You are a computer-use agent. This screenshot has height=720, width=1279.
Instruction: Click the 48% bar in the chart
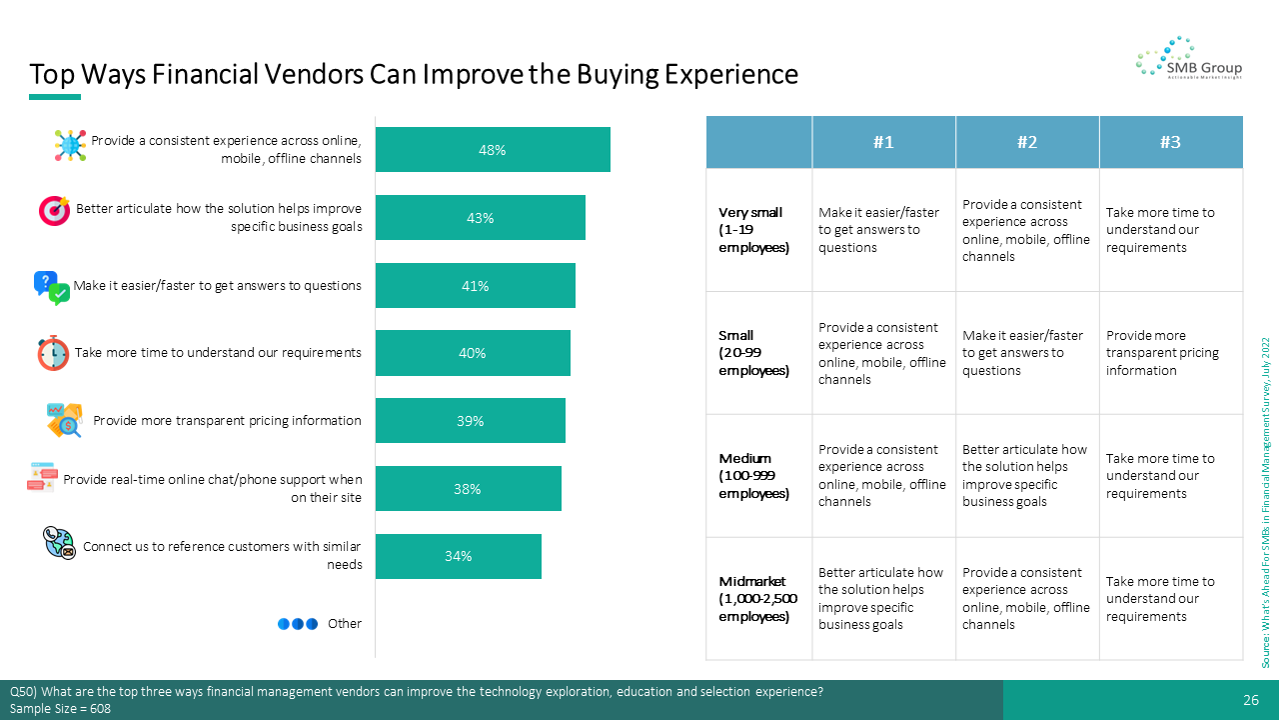click(x=493, y=150)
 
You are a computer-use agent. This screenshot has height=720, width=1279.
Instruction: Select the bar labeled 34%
click(x=459, y=557)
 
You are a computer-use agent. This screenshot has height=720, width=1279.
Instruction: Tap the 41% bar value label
click(x=475, y=286)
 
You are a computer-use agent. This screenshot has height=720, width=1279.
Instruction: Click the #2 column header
click(x=1027, y=142)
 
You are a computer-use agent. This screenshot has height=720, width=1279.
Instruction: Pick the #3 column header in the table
click(x=1171, y=142)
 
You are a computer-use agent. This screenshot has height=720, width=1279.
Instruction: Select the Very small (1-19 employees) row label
click(x=753, y=230)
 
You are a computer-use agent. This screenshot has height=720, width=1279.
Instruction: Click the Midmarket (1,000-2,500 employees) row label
click(x=757, y=599)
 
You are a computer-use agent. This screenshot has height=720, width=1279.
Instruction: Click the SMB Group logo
click(x=1189, y=58)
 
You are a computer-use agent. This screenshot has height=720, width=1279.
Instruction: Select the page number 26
click(x=1251, y=700)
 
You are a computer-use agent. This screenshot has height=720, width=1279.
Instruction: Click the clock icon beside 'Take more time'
click(x=53, y=353)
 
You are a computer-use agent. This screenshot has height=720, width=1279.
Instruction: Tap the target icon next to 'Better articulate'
click(x=54, y=210)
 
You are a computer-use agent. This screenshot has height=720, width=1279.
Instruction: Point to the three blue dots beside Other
click(x=298, y=624)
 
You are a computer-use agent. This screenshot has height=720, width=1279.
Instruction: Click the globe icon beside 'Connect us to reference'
click(x=59, y=543)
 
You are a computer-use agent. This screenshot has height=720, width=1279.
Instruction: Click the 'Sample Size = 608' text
click(x=60, y=709)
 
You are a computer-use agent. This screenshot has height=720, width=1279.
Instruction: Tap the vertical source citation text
click(x=1266, y=503)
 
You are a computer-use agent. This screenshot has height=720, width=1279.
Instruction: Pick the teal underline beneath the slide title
click(x=55, y=97)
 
